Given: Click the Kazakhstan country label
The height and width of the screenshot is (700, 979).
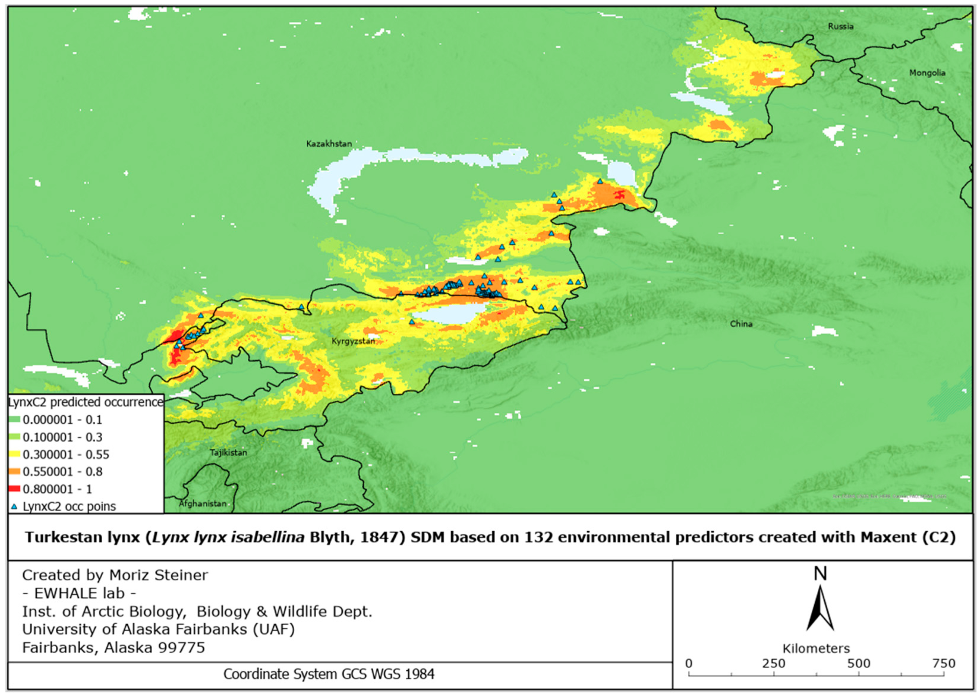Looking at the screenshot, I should [x=329, y=143].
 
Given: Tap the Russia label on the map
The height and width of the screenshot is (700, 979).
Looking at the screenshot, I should [x=840, y=26].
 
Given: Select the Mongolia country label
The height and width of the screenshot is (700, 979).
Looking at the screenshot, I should [x=927, y=73].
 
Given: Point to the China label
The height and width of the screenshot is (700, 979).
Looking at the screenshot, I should [x=741, y=324].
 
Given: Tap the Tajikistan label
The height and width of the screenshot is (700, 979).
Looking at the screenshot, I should [x=229, y=452].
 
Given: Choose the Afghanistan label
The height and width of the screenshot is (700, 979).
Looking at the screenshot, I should [x=202, y=503].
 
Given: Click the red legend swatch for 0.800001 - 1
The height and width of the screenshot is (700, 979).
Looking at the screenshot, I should [x=14, y=489].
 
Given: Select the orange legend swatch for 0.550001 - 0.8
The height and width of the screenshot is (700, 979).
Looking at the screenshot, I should [x=14, y=472].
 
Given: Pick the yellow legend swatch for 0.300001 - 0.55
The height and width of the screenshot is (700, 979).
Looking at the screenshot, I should [x=14, y=454].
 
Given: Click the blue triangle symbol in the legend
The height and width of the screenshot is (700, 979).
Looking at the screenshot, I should [x=14, y=506].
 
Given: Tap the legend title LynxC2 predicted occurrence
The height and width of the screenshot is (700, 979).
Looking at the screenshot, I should [x=85, y=402].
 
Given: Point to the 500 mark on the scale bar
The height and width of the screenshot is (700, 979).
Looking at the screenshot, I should [x=858, y=663].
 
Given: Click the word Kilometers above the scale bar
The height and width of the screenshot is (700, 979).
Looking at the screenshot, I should [x=816, y=648].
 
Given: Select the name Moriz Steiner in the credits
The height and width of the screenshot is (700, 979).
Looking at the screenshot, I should [x=158, y=575].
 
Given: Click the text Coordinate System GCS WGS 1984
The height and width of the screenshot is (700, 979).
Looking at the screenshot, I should [x=329, y=674].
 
